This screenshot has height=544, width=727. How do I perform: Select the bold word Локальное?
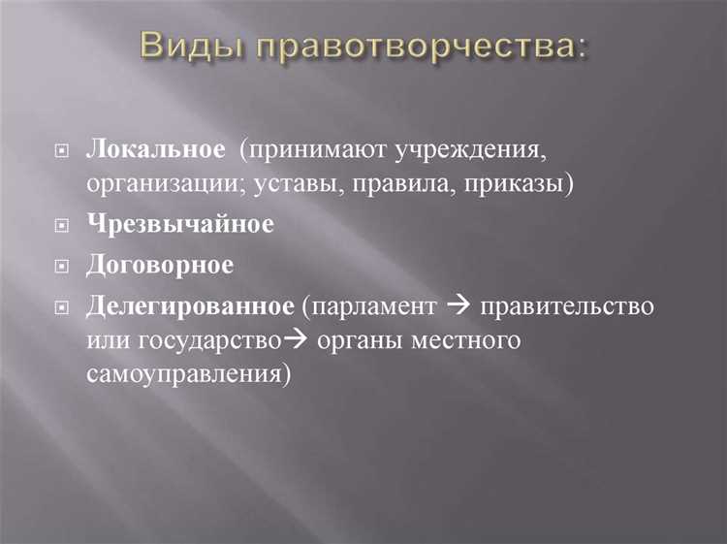(x=155, y=149)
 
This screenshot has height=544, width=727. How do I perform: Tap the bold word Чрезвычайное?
(x=180, y=224)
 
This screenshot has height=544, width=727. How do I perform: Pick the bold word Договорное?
(x=161, y=264)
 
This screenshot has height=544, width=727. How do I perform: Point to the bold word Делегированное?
(x=190, y=306)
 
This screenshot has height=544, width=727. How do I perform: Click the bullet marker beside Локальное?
(x=63, y=151)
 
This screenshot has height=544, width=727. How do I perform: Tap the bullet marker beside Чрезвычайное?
(x=63, y=225)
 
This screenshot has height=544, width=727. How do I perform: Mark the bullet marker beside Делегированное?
(x=63, y=307)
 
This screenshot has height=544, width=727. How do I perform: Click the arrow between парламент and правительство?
(x=458, y=307)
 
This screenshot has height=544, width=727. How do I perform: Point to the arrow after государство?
(x=293, y=340)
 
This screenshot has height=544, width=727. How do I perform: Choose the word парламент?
(x=374, y=307)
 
